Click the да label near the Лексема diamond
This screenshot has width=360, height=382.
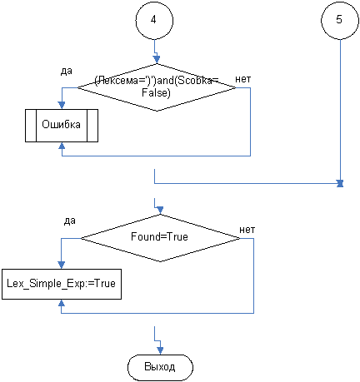pyautogui.click(x=67, y=72)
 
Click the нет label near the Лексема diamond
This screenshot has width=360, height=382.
pyautogui.click(x=243, y=79)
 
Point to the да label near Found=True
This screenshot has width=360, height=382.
pyautogui.click(x=70, y=221)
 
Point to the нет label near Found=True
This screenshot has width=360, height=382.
pyautogui.click(x=247, y=230)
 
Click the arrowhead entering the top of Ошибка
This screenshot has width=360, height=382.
pyautogui.click(x=62, y=105)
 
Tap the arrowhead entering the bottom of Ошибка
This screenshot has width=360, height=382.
pyautogui.click(x=62, y=146)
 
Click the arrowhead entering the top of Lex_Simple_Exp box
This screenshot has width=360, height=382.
pyautogui.click(x=62, y=265)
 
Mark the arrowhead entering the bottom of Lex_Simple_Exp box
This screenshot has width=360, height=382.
pyautogui.click(x=62, y=303)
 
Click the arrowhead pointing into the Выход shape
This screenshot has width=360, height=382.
pyautogui.click(x=160, y=350)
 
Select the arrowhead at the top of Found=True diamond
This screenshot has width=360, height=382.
pyautogui.click(x=160, y=211)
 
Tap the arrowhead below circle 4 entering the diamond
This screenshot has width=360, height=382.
pyautogui.click(x=157, y=60)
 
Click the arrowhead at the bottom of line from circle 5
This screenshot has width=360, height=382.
pyautogui.click(x=340, y=183)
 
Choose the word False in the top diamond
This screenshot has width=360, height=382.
pyautogui.click(x=156, y=92)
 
